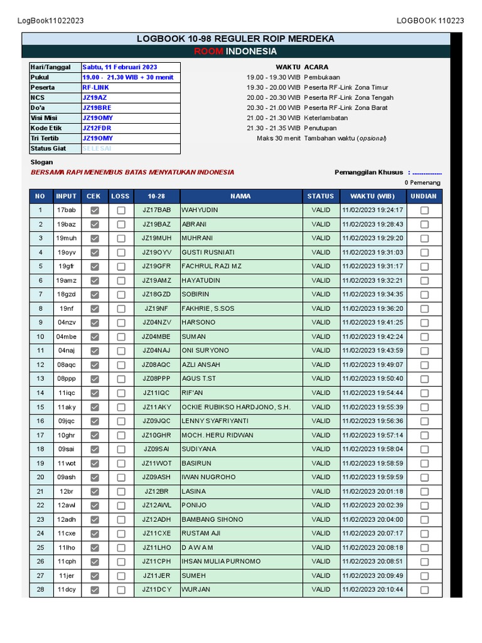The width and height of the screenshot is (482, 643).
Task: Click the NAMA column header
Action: (240, 196)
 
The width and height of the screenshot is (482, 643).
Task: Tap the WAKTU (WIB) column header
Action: (372, 196)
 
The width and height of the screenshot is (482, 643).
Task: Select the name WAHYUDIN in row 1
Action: (200, 210)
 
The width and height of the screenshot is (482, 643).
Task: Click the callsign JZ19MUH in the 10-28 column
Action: (156, 239)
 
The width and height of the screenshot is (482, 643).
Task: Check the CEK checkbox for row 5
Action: (95, 267)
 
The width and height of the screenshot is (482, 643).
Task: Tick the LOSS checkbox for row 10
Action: (120, 337)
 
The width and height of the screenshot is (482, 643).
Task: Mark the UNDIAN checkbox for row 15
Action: (424, 408)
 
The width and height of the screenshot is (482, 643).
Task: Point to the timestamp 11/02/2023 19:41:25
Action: (372, 323)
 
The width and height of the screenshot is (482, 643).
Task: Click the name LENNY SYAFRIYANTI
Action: (215, 421)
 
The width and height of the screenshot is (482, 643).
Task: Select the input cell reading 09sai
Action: (66, 450)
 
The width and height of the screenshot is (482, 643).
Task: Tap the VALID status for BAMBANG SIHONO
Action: (320, 520)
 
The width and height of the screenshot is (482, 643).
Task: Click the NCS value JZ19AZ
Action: (95, 98)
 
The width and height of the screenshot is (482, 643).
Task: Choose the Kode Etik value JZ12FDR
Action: (97, 128)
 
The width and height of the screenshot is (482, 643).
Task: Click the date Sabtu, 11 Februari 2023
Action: (120, 67)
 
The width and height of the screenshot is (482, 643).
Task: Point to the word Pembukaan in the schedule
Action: (322, 77)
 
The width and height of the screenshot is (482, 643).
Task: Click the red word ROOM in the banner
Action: (208, 51)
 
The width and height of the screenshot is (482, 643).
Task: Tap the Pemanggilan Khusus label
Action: (369, 172)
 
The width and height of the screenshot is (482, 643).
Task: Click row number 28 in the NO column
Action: (41, 590)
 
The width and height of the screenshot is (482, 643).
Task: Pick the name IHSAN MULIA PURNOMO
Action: (221, 562)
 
